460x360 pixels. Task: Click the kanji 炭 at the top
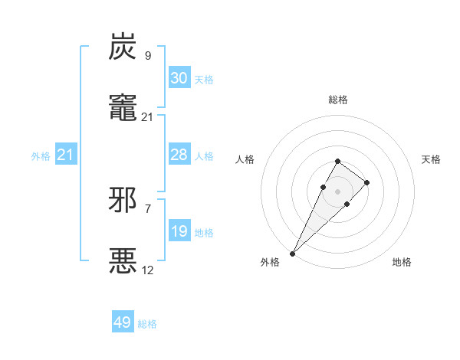pos(123,47)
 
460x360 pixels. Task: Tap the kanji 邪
pos(123,200)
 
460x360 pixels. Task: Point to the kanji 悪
pos(123,260)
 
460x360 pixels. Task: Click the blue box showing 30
pos(179,77)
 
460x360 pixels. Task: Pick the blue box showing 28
pos(179,154)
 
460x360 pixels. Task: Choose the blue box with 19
pos(179,231)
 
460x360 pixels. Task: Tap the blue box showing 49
pos(123,322)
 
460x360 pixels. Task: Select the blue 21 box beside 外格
pos(66,155)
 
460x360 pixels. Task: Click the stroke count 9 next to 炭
pos(147,55)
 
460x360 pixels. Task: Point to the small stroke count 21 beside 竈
pos(147,116)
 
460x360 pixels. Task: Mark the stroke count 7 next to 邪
pos(147,208)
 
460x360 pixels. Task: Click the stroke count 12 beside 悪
pos(147,270)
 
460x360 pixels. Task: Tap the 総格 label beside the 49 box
pos(147,324)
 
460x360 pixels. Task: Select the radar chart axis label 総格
pos(338,100)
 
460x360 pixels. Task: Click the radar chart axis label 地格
pos(402,262)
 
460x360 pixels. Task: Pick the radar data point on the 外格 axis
pos(292,254)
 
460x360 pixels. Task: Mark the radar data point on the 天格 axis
pos(367,182)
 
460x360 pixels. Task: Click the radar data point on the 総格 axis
pos(338,161)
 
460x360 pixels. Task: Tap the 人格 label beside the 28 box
pos(204,155)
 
